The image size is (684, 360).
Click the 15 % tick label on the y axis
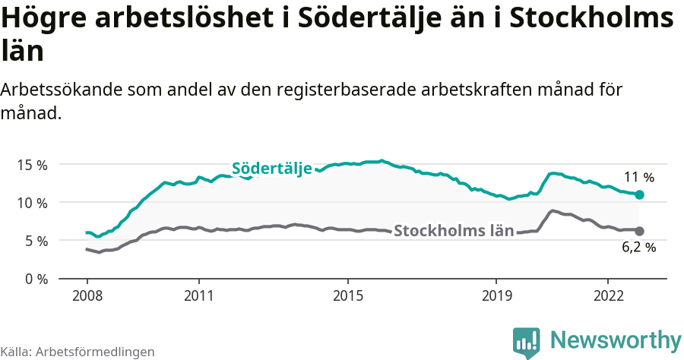[31, 165]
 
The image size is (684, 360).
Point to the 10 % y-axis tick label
[31, 203]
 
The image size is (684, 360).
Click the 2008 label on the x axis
[87, 295]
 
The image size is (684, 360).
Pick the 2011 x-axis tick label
[198, 295]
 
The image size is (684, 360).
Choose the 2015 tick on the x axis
[347, 295]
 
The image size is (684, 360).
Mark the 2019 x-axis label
[496, 295]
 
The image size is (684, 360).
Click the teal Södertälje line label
[272, 169]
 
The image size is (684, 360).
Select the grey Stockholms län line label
[454, 231]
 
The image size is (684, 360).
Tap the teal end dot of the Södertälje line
[639, 195]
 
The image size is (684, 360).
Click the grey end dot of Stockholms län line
[639, 231]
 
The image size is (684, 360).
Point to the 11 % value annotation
[638, 178]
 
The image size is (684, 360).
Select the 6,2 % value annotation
[638, 248]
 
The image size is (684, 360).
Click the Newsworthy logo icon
[526, 342]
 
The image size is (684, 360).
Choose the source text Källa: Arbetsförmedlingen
[78, 352]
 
